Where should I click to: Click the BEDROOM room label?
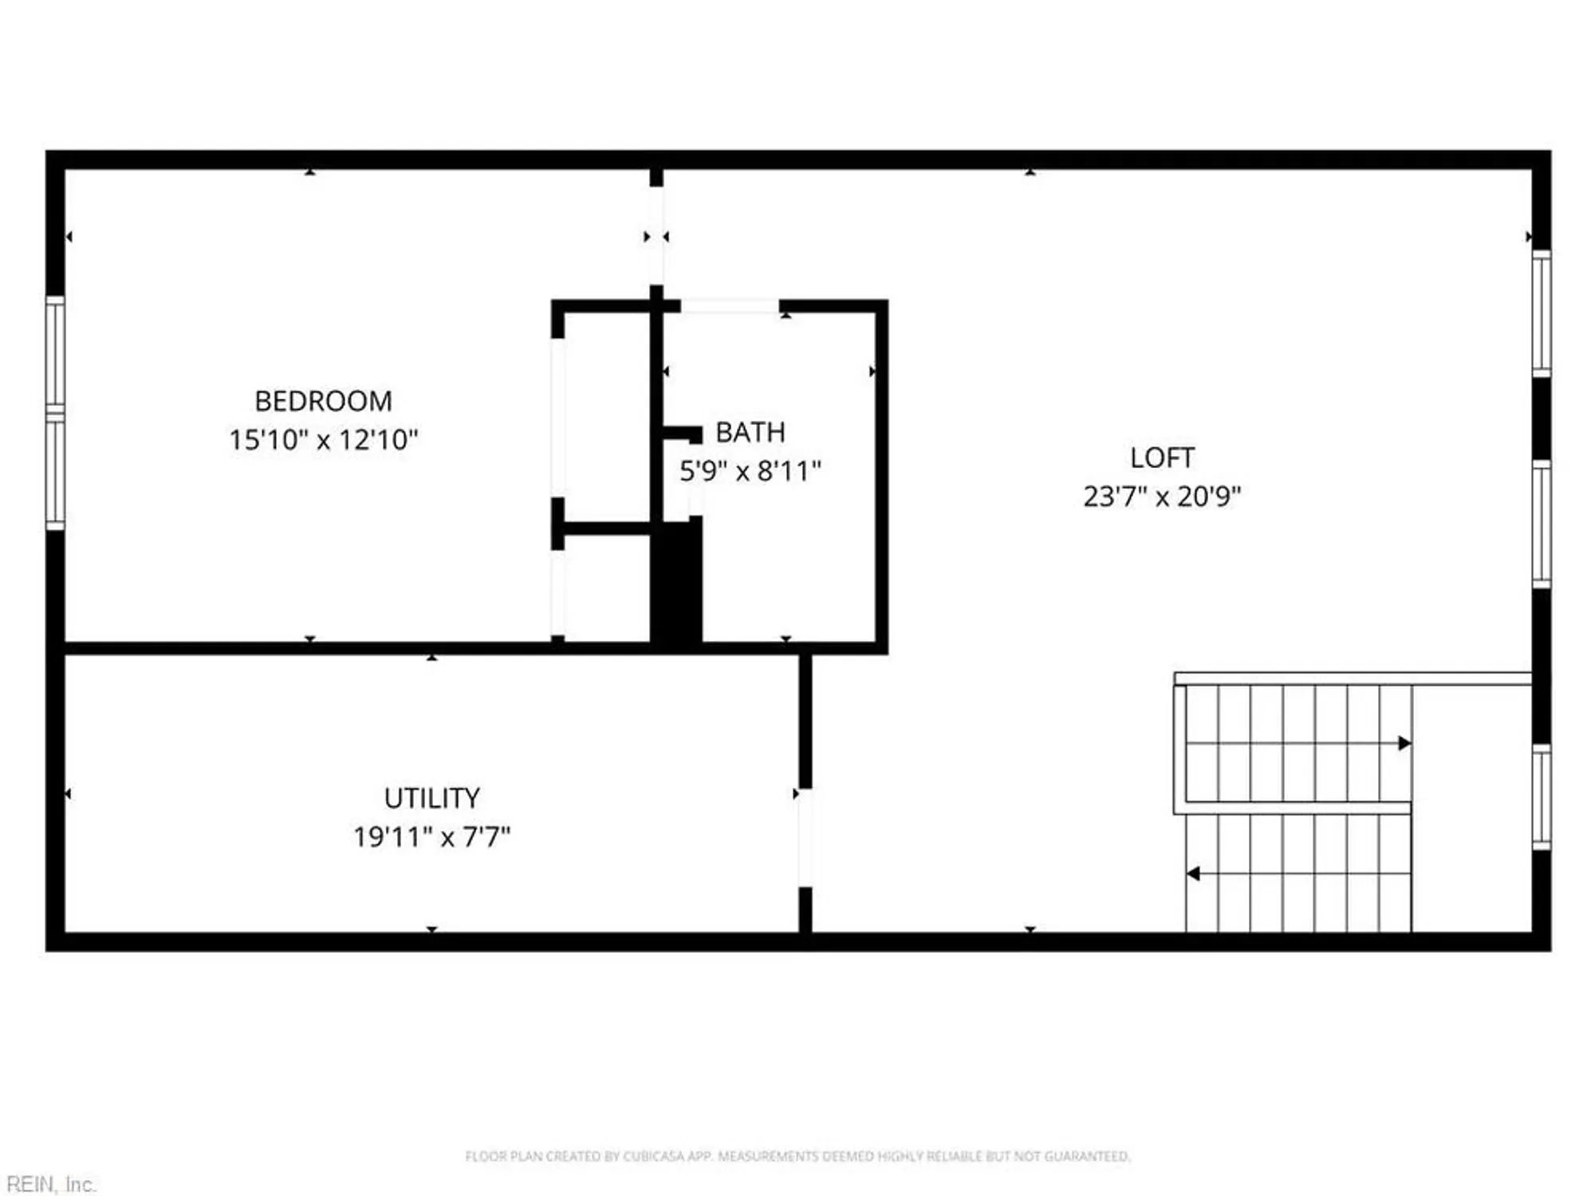pyautogui.click(x=323, y=401)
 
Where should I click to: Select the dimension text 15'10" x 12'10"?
pyautogui.click(x=323, y=439)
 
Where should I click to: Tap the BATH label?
pyautogui.click(x=750, y=432)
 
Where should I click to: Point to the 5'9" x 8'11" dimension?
pyautogui.click(x=750, y=470)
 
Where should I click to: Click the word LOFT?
pyautogui.click(x=1161, y=458)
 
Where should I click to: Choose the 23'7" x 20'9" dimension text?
pyautogui.click(x=1161, y=496)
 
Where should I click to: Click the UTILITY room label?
pyautogui.click(x=431, y=797)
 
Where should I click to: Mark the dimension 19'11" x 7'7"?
pyautogui.click(x=431, y=836)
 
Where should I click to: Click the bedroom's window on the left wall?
pyautogui.click(x=55, y=412)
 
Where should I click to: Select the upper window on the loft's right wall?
pyautogui.click(x=1541, y=313)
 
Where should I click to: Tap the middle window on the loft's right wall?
pyautogui.click(x=1541, y=524)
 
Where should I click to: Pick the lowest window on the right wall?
pyautogui.click(x=1541, y=797)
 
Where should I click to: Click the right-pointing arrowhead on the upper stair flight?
pyautogui.click(x=1404, y=743)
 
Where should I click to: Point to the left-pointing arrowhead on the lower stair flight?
pyautogui.click(x=1194, y=874)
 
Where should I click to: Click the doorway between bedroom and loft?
pyautogui.click(x=656, y=236)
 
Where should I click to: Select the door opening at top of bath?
pyautogui.click(x=729, y=306)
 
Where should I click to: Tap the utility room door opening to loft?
pyautogui.click(x=805, y=837)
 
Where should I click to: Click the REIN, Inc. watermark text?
pyautogui.click(x=51, y=1184)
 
